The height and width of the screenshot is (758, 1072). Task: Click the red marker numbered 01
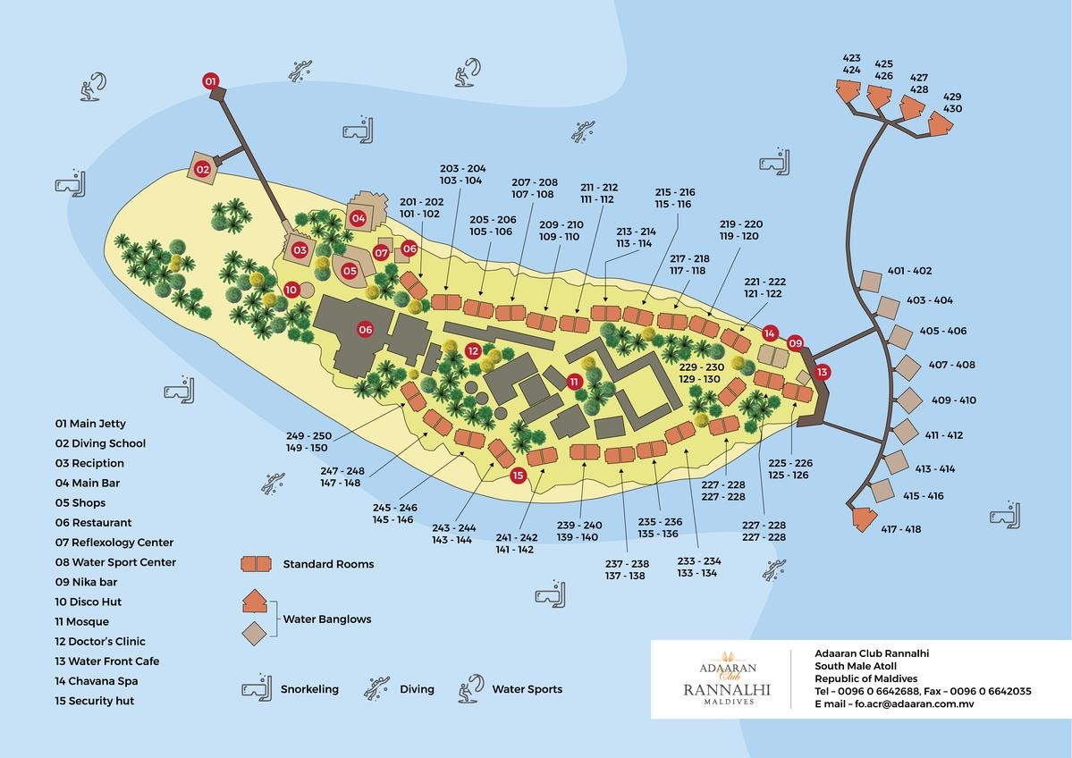(211, 81)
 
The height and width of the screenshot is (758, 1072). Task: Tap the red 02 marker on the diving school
(203, 168)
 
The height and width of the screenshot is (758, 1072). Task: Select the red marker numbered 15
(518, 476)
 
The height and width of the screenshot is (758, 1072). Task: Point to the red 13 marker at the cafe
(822, 371)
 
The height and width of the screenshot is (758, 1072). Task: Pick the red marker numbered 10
(291, 290)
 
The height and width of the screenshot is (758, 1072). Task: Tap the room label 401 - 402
(909, 271)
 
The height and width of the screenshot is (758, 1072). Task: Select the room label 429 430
(952, 103)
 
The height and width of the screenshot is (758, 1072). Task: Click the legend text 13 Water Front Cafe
(107, 661)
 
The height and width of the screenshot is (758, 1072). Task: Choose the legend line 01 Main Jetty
(90, 424)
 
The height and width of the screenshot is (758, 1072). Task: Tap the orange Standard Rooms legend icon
(256, 564)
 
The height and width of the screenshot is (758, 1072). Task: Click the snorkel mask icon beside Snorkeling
(257, 689)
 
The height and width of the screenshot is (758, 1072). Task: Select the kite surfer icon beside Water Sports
(471, 686)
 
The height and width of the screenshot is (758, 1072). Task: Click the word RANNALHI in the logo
(726, 689)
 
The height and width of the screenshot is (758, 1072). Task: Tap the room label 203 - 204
(463, 174)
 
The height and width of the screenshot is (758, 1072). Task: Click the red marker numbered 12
(473, 351)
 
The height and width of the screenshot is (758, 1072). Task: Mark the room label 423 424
(851, 64)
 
